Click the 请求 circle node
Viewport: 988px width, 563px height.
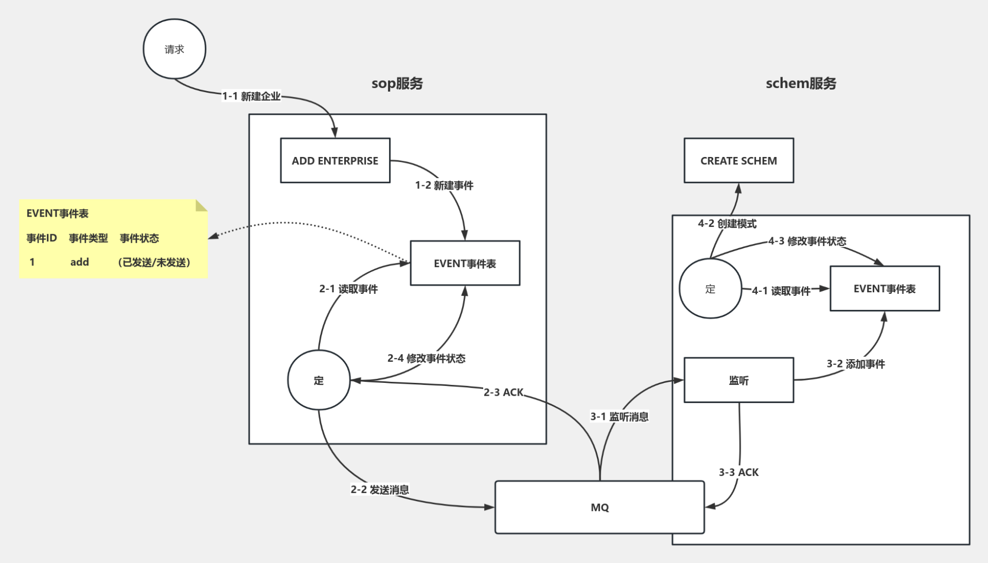pyautogui.click(x=174, y=49)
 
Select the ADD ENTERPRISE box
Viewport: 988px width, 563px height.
pyautogui.click(x=335, y=161)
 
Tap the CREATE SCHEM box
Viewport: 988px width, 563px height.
pyautogui.click(x=738, y=161)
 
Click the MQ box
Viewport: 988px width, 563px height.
pyautogui.click(x=599, y=507)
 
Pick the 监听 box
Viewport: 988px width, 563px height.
pyautogui.click(x=738, y=380)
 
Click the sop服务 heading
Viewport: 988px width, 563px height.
pyautogui.click(x=397, y=83)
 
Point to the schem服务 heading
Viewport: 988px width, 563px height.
pyautogui.click(x=801, y=83)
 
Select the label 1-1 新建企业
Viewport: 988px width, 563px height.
pyautogui.click(x=251, y=96)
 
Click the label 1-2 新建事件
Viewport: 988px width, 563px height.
pyautogui.click(x=444, y=185)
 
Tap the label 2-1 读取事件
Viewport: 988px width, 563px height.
pyautogui.click(x=348, y=289)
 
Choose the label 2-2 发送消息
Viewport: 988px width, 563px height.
pyautogui.click(x=380, y=489)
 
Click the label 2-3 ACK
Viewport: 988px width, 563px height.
pyautogui.click(x=503, y=392)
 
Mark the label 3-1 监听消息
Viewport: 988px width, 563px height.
pyautogui.click(x=619, y=416)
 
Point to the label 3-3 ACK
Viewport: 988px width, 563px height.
pyautogui.click(x=738, y=472)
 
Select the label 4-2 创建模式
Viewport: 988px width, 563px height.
pyautogui.click(x=727, y=223)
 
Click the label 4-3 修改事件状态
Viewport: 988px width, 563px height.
pyautogui.click(x=807, y=241)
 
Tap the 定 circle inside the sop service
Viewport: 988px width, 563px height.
pyautogui.click(x=319, y=380)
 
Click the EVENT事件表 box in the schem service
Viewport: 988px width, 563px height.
pyautogui.click(x=885, y=289)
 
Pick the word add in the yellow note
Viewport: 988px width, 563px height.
pyautogui.click(x=80, y=262)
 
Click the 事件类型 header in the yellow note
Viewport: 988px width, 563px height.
pyautogui.click(x=89, y=238)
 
